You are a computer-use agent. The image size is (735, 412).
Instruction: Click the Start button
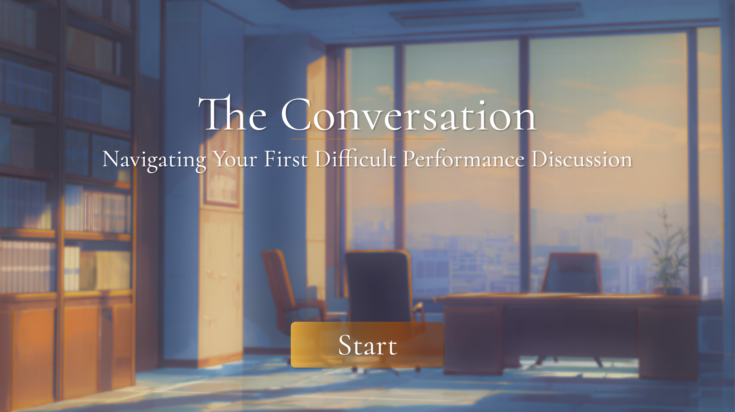coord(367,345)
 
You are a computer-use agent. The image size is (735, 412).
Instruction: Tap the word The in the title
coord(233,115)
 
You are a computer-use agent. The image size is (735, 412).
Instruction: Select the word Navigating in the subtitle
coord(154,159)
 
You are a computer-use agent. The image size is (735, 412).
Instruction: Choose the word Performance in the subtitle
coord(463,159)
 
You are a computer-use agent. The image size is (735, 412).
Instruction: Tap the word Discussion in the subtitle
coord(582,159)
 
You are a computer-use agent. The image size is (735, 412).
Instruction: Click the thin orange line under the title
coord(367,139)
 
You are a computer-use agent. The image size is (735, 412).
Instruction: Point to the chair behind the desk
coord(572,273)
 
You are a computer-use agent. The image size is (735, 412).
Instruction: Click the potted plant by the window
coord(666,256)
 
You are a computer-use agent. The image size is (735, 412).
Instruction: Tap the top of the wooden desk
coord(567,297)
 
